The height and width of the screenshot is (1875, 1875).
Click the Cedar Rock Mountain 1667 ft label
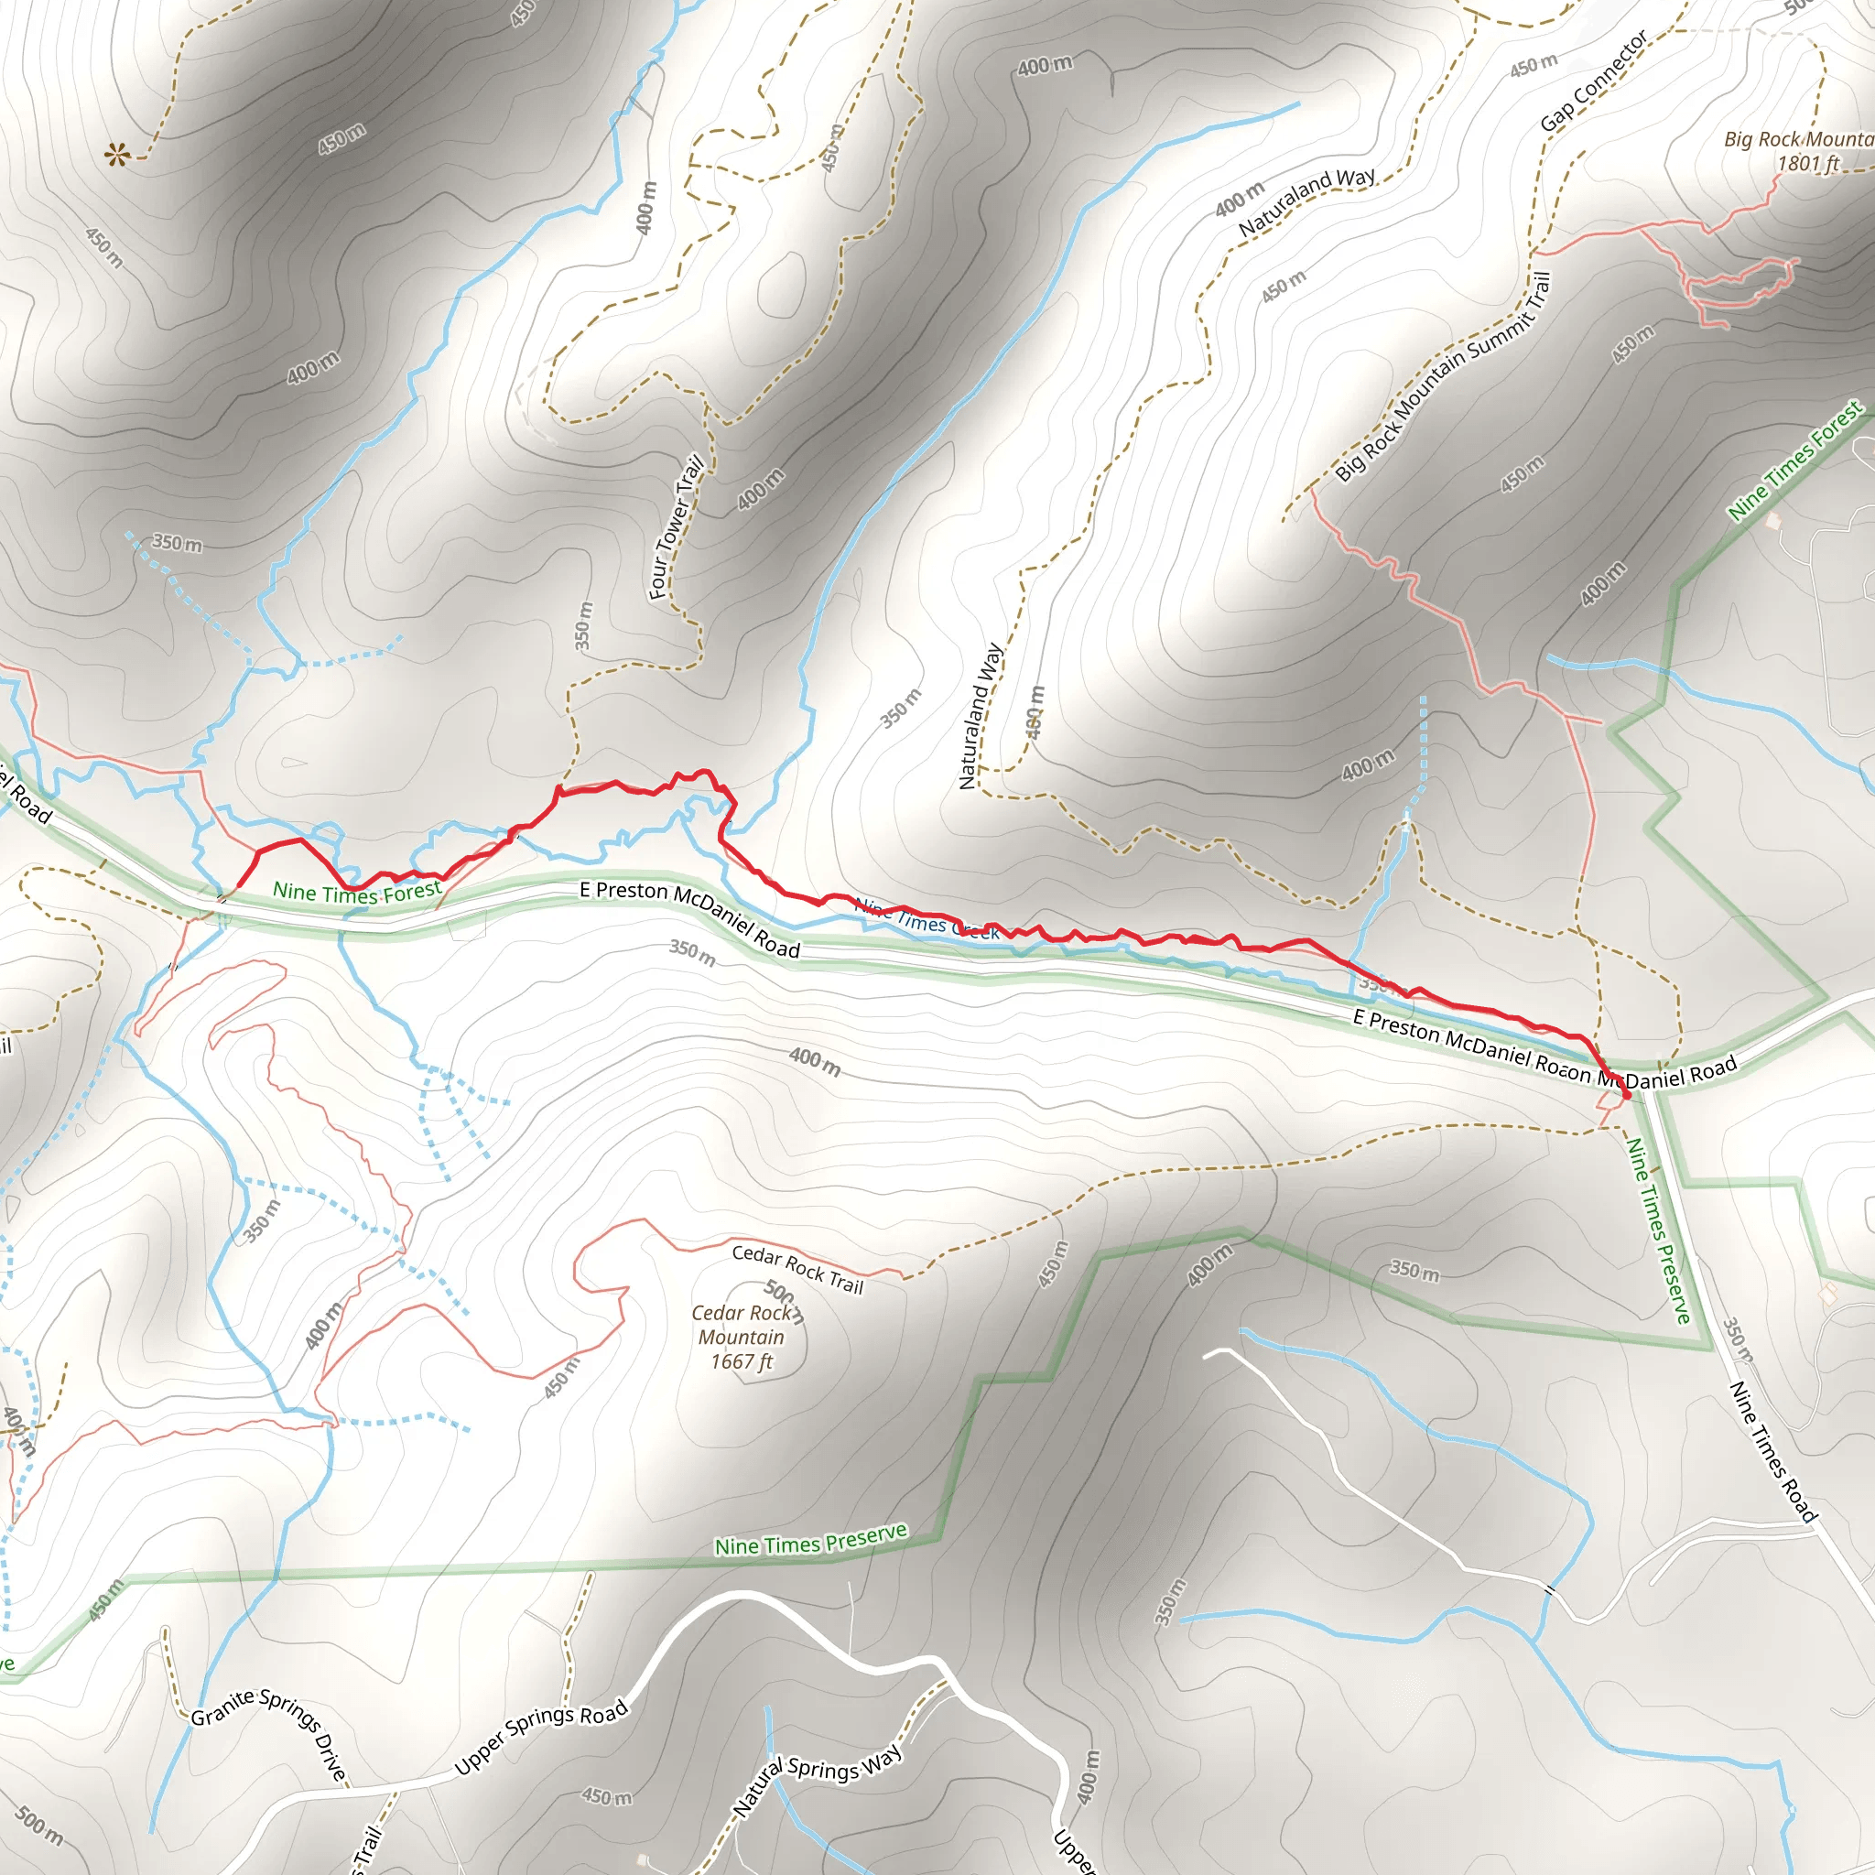tap(741, 1338)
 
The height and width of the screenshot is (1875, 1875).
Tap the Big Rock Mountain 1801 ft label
tap(1797, 150)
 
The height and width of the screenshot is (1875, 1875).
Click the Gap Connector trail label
tap(1594, 81)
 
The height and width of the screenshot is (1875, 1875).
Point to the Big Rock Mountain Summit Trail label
tap(1443, 376)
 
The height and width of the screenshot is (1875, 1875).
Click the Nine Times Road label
tap(1772, 1451)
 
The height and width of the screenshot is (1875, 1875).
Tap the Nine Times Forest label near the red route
tap(357, 892)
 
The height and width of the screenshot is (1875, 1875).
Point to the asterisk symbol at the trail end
tap(117, 155)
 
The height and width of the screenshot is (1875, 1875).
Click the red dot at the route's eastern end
tap(1627, 1096)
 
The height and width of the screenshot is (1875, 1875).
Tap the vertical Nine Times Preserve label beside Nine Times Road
tap(1659, 1230)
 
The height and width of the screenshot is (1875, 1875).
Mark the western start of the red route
tap(238, 886)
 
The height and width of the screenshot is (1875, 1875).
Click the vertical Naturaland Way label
tap(981, 715)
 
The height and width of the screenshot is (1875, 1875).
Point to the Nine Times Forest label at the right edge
tap(1795, 462)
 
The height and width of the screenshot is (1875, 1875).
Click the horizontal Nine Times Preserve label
tap(810, 1539)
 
